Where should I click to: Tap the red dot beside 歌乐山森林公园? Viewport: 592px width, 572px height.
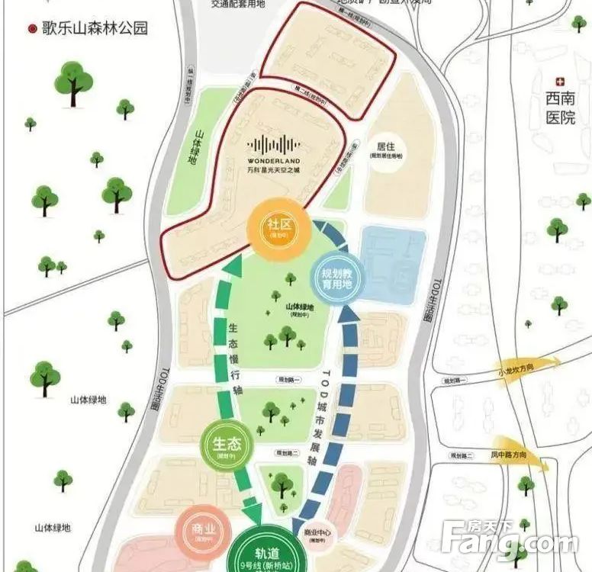coord(31,29)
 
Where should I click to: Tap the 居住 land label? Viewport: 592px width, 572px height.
coord(384,146)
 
